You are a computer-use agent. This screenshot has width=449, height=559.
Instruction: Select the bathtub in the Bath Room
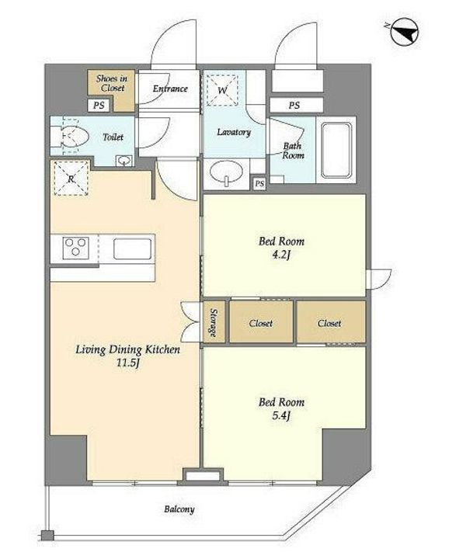pyautogui.click(x=336, y=150)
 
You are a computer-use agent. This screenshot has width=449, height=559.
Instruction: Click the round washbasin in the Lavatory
pyautogui.click(x=226, y=172)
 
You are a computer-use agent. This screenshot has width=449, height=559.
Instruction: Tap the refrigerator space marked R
pyautogui.click(x=71, y=179)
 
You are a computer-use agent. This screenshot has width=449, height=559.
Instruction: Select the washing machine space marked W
pyautogui.click(x=222, y=90)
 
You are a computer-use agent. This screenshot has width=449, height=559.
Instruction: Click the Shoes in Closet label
pyautogui.click(x=112, y=83)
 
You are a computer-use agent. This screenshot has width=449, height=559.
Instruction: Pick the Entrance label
pyautogui.click(x=170, y=89)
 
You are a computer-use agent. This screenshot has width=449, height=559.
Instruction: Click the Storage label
pyautogui.click(x=214, y=322)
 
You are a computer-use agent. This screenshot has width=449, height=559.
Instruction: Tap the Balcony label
pyautogui.click(x=179, y=509)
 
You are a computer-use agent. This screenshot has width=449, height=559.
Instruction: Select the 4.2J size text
pyautogui.click(x=281, y=255)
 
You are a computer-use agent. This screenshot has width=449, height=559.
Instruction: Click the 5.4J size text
pyautogui.click(x=281, y=416)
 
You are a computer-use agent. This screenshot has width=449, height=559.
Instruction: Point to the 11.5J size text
pyautogui.click(x=127, y=363)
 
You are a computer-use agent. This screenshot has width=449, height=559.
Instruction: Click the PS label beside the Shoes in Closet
pyautogui.click(x=99, y=105)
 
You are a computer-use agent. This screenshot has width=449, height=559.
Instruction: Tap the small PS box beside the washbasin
pyautogui.click(x=259, y=183)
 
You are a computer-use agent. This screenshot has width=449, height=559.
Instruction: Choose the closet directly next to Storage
pyautogui.click(x=261, y=322)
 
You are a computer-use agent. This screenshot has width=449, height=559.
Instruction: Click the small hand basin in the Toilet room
pyautogui.click(x=124, y=161)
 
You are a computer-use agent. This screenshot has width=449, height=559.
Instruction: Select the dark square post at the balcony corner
pyautogui.click(x=47, y=536)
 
